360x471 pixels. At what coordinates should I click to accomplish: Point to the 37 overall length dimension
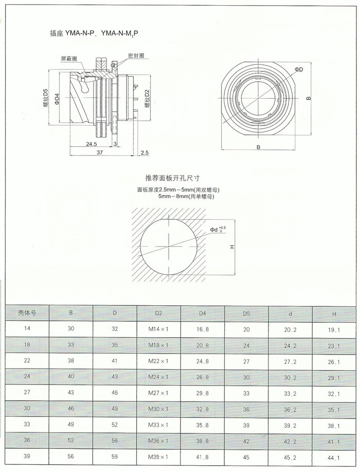coord(100,152)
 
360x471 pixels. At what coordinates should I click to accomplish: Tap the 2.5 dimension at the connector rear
coord(145,153)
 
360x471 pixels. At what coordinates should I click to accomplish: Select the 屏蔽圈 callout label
coord(69,59)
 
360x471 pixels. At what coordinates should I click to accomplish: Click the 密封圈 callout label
coord(136,56)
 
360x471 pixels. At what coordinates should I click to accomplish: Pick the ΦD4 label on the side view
coord(57,99)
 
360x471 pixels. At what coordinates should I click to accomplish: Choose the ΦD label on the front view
coord(299,69)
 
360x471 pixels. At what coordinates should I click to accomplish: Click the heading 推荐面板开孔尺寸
coord(172,178)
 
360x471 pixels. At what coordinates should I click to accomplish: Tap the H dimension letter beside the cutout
coord(232,247)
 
